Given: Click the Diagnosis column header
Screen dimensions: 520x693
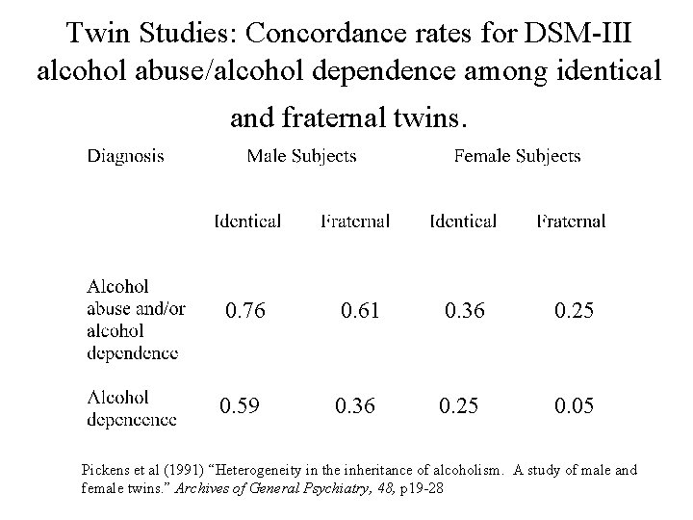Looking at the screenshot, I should click(x=125, y=155).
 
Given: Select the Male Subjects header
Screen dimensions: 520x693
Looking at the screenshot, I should click(x=301, y=155).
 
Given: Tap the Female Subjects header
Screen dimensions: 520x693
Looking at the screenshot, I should click(x=517, y=155).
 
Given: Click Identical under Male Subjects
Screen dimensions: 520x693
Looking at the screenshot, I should click(x=247, y=221).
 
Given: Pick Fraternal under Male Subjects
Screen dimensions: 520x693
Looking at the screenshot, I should click(x=355, y=221).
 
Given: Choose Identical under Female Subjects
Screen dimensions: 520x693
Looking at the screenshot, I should click(x=463, y=221).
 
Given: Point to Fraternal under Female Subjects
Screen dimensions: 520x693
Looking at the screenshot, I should click(x=571, y=221).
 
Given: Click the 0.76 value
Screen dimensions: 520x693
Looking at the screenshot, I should click(x=245, y=310).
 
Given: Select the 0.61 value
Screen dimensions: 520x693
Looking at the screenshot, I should click(x=360, y=310).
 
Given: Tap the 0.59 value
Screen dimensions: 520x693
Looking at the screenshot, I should click(x=240, y=406).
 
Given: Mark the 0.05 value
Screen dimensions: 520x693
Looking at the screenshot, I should click(x=574, y=406).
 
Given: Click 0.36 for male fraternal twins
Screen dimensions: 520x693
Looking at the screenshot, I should click(x=355, y=406).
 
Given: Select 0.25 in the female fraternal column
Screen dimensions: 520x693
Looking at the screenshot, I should click(x=574, y=310).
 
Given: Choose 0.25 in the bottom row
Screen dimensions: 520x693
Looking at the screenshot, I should click(x=458, y=406).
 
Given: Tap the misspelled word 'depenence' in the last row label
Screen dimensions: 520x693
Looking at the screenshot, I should click(x=132, y=419).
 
